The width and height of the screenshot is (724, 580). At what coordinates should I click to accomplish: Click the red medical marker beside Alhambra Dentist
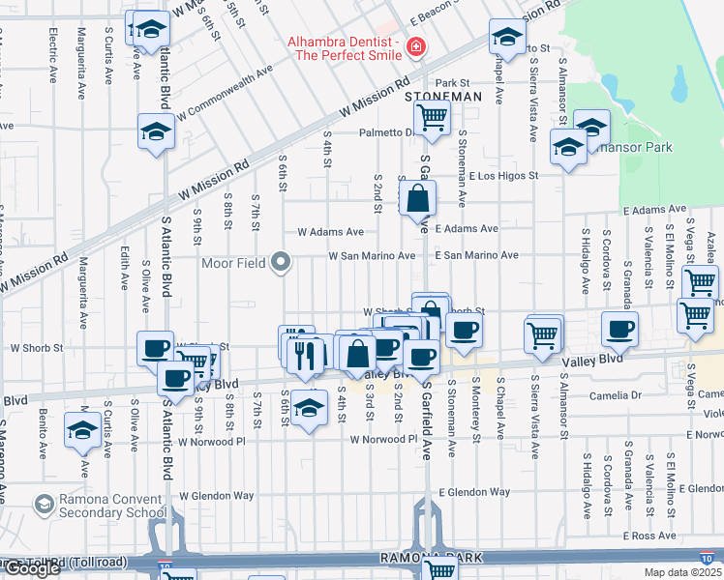(x=415, y=45)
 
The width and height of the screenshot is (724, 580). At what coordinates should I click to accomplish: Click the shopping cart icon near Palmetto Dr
(x=432, y=118)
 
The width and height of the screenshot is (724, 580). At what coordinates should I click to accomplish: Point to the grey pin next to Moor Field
(x=281, y=261)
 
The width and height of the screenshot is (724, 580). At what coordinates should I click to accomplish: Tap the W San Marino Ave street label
(x=372, y=256)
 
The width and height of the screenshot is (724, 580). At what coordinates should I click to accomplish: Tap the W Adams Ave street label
(x=330, y=232)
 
